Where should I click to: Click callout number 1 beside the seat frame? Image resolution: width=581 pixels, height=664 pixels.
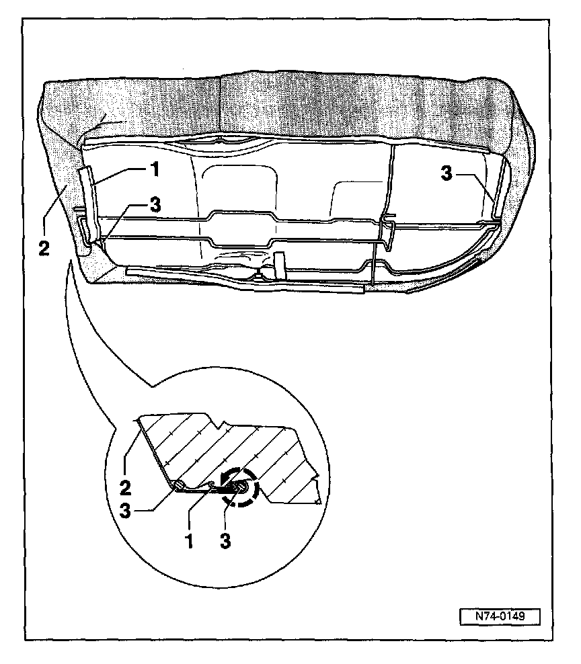(x=154, y=169)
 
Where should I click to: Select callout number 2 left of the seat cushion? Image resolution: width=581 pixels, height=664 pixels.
(x=44, y=248)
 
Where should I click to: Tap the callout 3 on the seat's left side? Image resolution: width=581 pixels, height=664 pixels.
(x=155, y=206)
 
